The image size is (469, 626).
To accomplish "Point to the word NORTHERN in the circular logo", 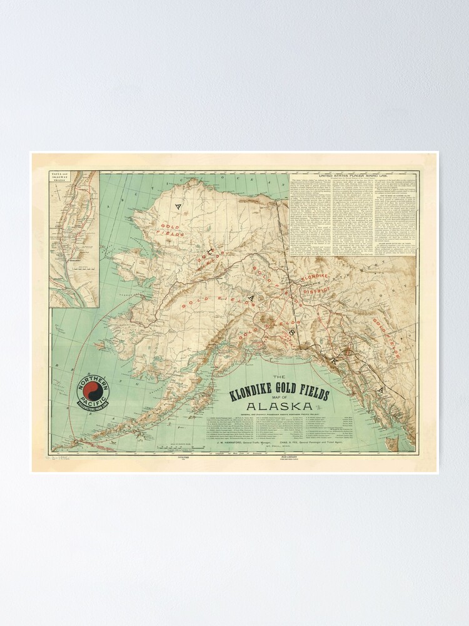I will point(93,380).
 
